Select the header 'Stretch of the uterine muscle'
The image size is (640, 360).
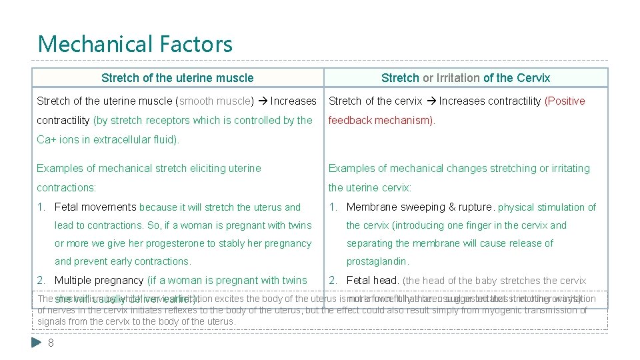(x=177, y=78)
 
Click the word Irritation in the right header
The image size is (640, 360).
(x=458, y=78)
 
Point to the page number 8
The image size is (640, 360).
(x=51, y=343)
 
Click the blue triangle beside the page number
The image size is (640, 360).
(x=37, y=343)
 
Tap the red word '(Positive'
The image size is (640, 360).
(x=565, y=101)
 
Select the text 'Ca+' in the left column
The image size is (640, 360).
(x=46, y=140)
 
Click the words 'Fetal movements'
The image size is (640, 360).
(x=95, y=207)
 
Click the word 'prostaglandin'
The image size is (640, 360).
(x=377, y=261)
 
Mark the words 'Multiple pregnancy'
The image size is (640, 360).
(x=99, y=281)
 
